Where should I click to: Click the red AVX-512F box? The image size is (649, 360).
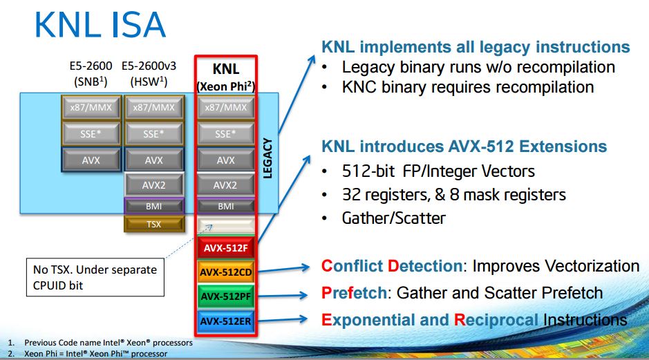pyautogui.click(x=225, y=247)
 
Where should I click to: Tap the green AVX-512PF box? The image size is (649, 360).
pyautogui.click(x=225, y=296)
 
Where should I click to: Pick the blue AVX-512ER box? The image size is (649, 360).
pyautogui.click(x=225, y=320)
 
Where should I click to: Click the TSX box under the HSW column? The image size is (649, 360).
pyautogui.click(x=153, y=223)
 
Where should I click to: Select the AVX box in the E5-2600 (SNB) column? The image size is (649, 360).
pyautogui.click(x=91, y=160)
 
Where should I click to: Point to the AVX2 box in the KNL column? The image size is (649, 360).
pyautogui.click(x=225, y=184)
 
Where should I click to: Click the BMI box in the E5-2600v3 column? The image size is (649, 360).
pyautogui.click(x=153, y=205)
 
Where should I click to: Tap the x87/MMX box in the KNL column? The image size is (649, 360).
pyautogui.click(x=225, y=107)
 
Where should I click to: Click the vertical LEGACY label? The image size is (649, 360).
pyautogui.click(x=268, y=159)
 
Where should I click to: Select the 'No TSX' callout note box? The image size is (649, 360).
pyautogui.click(x=95, y=277)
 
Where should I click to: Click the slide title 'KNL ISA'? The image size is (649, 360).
pyautogui.click(x=100, y=26)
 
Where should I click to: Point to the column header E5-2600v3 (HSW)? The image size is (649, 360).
pyautogui.click(x=153, y=73)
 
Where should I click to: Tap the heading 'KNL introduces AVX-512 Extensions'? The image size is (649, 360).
pyautogui.click(x=464, y=146)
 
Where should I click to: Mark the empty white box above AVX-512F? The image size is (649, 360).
pyautogui.click(x=225, y=225)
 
